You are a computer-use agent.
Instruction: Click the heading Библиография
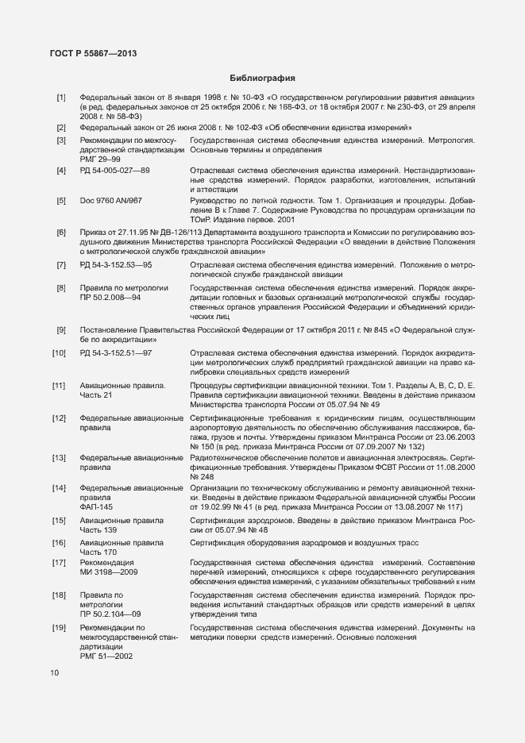pos(262,79)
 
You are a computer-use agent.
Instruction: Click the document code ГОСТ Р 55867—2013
pos(78,53)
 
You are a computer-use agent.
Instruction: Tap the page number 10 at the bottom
pos(54,674)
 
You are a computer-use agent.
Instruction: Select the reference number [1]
pos(60,98)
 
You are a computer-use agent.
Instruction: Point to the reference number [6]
pos(60,232)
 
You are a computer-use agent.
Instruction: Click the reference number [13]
pos(59,458)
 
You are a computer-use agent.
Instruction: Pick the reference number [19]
pos(59,628)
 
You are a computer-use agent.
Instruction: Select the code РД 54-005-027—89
pos(115,171)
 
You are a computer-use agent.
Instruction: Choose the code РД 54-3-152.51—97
pos(116,352)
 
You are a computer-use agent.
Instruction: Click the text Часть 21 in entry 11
pos(96,395)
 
